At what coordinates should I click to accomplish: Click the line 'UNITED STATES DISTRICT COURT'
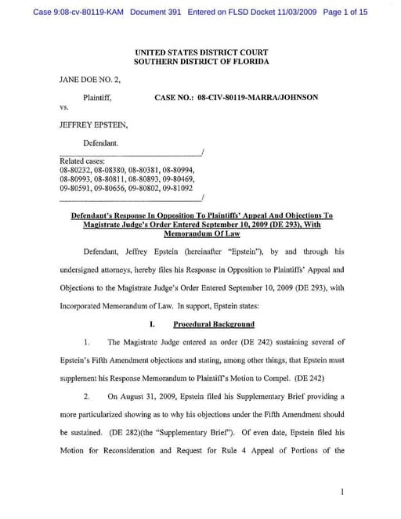(200, 52)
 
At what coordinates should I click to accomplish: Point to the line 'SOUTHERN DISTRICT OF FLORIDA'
(200, 61)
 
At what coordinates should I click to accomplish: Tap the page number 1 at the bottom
(342, 492)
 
